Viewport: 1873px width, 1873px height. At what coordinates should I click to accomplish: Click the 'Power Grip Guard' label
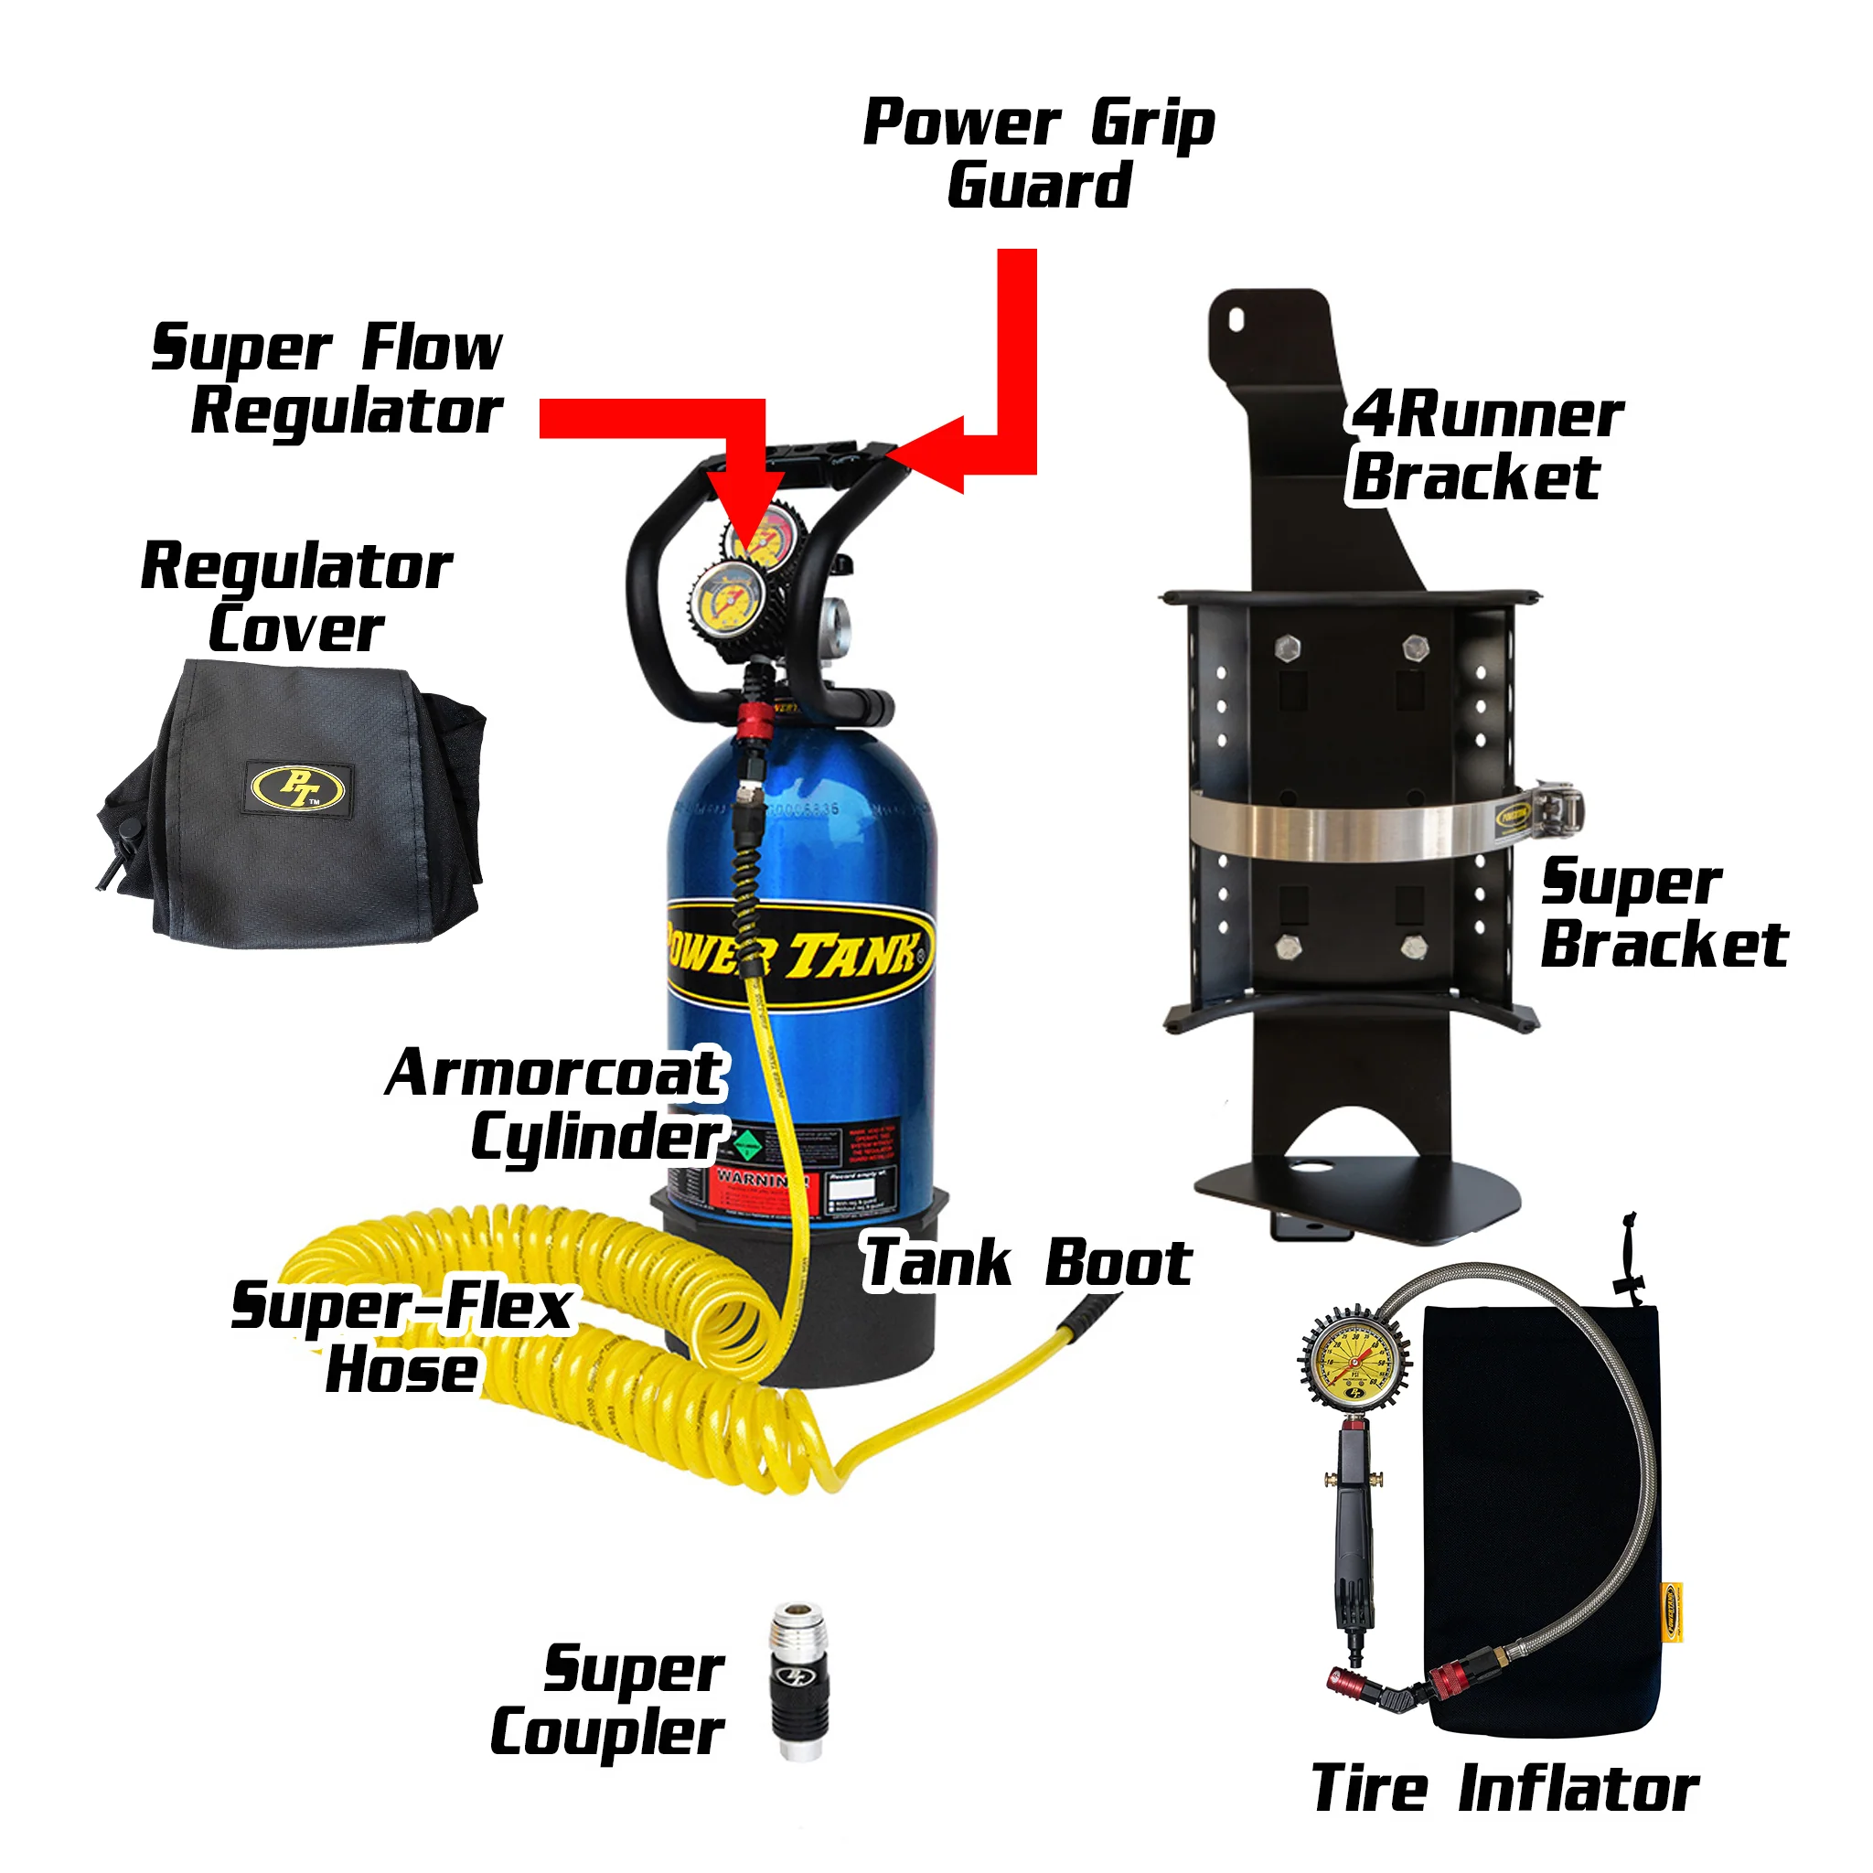pos(1038,153)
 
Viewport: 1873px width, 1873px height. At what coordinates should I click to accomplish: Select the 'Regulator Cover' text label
pos(295,597)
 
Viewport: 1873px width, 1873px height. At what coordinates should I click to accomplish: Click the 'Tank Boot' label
pos(1027,1263)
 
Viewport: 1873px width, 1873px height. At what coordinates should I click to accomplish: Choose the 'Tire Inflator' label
pos(1504,1789)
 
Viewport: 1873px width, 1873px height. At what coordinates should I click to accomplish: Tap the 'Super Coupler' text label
pos(609,1700)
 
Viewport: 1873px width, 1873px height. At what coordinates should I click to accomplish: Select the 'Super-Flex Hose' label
pos(401,1337)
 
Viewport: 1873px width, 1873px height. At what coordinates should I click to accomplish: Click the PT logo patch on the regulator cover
pos(297,787)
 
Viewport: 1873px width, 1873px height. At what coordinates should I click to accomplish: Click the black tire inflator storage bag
pos(1541,1513)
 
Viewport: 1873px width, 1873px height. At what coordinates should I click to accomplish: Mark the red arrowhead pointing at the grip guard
pos(926,455)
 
